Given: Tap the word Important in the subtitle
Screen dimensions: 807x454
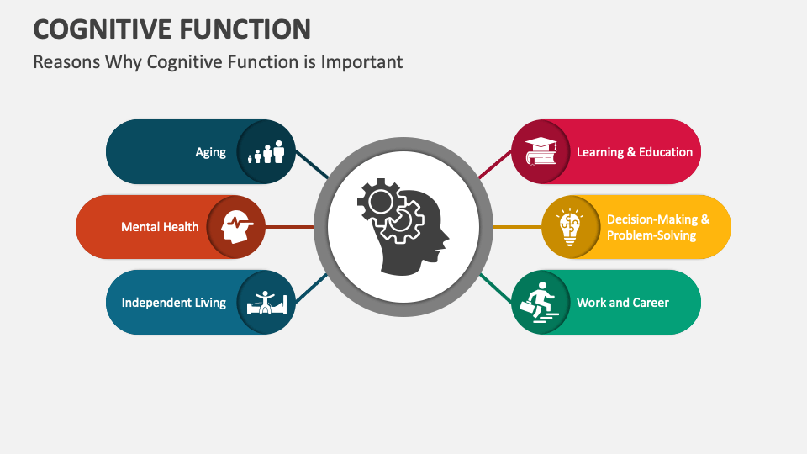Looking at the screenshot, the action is point(361,62).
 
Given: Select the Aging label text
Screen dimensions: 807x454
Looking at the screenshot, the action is point(210,152).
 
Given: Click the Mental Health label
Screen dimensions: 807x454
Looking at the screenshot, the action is point(160,227).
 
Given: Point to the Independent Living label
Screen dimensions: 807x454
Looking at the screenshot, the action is point(173,303).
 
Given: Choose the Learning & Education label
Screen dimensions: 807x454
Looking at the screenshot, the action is point(635,152).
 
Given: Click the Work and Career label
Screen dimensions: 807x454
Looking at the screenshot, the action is point(623,303).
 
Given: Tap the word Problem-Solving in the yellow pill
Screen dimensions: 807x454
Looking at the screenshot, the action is point(651,235).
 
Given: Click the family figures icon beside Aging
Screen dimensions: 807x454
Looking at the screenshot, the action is point(266,152).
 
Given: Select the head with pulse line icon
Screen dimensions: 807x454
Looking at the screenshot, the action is point(237,227).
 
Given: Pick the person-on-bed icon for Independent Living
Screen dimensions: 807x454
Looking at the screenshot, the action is point(266,303).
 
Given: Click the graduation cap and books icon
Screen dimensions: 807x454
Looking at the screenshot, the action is point(541,152).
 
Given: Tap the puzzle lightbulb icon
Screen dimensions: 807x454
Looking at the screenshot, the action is point(570,227).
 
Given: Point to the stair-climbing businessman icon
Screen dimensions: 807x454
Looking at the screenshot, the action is point(539,303).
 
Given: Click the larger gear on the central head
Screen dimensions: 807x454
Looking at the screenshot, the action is point(380,202).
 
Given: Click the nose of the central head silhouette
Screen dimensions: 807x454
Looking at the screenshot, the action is point(446,238).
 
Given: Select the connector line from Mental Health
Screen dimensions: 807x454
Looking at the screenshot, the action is point(289,227).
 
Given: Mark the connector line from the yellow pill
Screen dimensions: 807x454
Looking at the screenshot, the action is point(517,227).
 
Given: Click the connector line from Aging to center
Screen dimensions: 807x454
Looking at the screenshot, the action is point(312,165).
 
